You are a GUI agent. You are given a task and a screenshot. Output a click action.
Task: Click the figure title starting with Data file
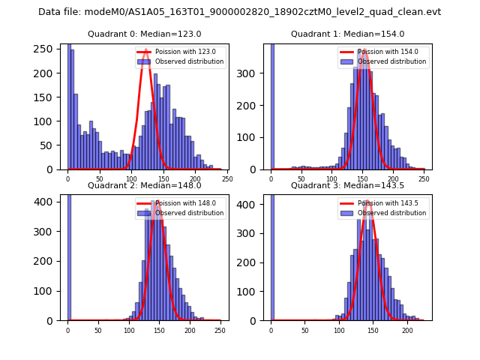239,12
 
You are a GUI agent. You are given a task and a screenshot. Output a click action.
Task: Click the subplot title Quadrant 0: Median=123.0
145,34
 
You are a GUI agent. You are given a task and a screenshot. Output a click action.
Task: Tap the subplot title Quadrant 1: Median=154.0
347,34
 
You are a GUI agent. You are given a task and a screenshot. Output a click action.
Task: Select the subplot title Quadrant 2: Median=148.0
145,185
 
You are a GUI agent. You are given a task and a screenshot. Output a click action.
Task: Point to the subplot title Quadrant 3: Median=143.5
347,185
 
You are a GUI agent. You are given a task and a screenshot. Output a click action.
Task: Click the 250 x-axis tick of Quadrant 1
424,178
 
